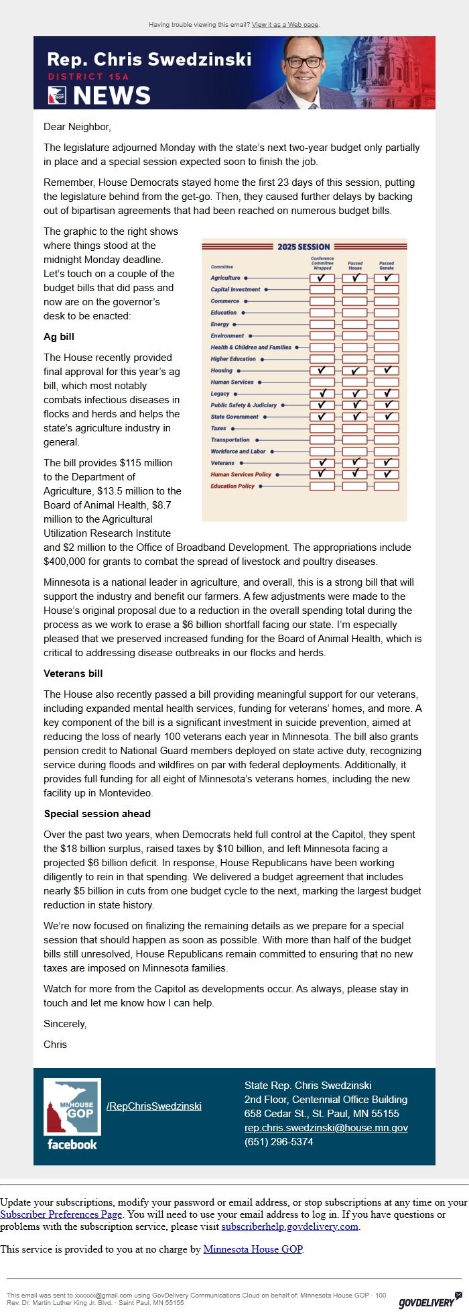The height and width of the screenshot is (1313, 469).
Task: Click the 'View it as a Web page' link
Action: (x=285, y=25)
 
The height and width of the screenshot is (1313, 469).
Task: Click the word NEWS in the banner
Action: (x=112, y=96)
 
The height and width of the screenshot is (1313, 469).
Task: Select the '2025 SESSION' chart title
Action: (x=304, y=247)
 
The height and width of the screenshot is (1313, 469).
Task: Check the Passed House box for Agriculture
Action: (x=354, y=278)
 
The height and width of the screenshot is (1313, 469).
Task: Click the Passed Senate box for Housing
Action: (x=387, y=370)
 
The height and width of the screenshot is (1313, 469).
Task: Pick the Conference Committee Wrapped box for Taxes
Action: (x=322, y=428)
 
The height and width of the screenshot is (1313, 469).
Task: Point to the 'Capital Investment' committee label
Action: (x=235, y=289)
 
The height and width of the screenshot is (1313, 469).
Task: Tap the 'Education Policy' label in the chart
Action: (x=232, y=486)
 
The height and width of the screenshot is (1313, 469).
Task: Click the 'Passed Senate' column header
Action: (x=387, y=266)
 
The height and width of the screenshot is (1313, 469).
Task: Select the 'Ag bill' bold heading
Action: (x=59, y=337)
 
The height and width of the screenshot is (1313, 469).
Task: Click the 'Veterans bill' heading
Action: (x=73, y=674)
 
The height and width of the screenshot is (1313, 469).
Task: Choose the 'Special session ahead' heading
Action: (x=97, y=814)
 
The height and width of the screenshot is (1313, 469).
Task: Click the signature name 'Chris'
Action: (x=55, y=1045)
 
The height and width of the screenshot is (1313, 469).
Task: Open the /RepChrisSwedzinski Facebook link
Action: (x=153, y=1106)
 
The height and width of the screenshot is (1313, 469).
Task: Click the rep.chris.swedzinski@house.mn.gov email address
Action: (x=326, y=1128)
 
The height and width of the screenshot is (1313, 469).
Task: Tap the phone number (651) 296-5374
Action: (x=278, y=1142)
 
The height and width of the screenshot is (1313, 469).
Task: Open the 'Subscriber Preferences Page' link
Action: (x=61, y=1214)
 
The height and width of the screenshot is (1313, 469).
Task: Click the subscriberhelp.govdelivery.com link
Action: (x=290, y=1226)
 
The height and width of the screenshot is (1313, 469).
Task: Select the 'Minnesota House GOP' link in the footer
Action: (x=253, y=1249)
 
